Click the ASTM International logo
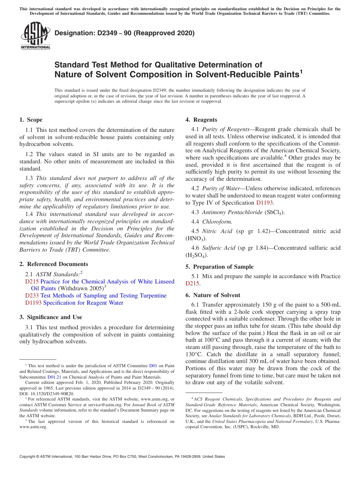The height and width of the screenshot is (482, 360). click(x=35, y=36)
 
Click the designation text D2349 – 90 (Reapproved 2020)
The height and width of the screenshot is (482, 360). click(x=124, y=33)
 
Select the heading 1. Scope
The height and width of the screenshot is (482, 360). click(x=31, y=120)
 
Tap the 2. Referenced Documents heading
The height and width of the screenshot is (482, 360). click(x=53, y=264)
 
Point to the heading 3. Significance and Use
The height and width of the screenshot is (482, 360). click(x=50, y=317)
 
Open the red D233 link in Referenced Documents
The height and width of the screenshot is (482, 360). click(x=32, y=296)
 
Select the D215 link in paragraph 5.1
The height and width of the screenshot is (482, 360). click(x=192, y=283)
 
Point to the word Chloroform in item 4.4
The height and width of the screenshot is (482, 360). click(x=217, y=222)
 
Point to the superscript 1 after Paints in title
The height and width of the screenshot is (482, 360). click(x=301, y=71)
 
